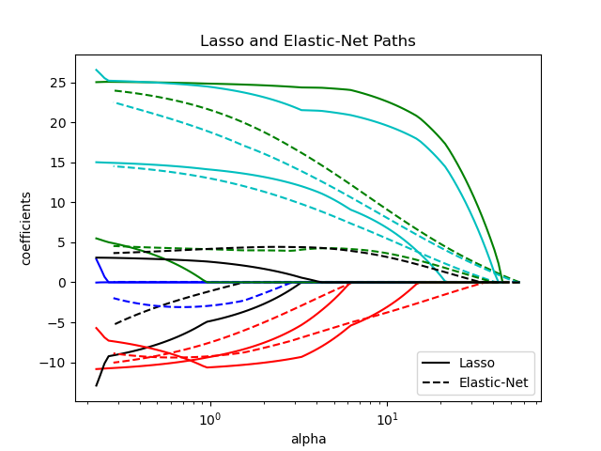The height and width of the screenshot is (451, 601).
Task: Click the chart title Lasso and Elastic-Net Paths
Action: pos(307,41)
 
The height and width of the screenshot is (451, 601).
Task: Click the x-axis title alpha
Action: pos(307,439)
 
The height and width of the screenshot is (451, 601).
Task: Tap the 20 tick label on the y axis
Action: pos(59,123)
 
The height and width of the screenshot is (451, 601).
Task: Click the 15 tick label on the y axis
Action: pos(59,163)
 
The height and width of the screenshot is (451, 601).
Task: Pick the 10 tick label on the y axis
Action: pos(59,203)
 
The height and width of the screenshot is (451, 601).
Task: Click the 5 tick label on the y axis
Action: pos(63,242)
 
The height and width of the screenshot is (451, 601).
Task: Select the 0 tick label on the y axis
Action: pos(63,283)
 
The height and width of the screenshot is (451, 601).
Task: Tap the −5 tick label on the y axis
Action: pos(59,322)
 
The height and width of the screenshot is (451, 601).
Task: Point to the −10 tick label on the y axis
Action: pos(55,363)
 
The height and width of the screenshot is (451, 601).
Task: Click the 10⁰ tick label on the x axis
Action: pos(209,416)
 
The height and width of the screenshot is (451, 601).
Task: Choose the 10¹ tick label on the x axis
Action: pos(387,416)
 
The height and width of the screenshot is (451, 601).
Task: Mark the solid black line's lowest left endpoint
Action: pos(96,385)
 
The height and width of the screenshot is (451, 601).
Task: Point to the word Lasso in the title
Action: pos(219,41)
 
